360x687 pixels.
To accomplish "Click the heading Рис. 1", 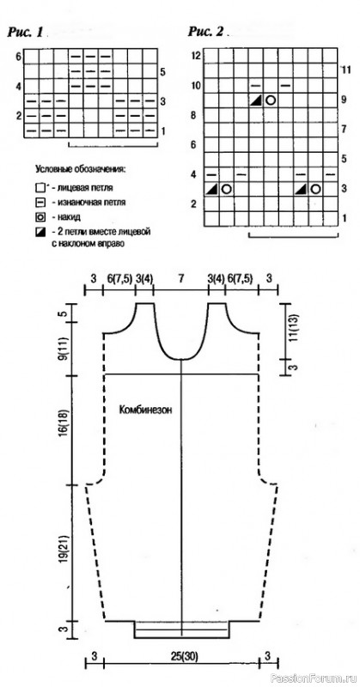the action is pos(25,33).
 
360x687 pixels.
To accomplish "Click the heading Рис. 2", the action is pos(205,32).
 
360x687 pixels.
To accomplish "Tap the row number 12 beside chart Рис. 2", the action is pos(196,56).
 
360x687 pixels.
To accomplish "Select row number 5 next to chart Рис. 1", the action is pos(162,72).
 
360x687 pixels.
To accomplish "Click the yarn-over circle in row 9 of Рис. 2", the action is pos(271,100).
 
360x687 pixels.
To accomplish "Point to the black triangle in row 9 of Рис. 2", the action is pos(256,100).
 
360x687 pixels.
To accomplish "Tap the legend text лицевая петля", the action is pos(80,189).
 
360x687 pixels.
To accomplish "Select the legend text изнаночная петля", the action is pos(88,203).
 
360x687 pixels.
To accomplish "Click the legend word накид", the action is pos(64,217).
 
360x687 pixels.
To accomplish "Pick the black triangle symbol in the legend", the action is pos(40,231).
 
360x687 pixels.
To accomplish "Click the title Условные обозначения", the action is pos(80,169).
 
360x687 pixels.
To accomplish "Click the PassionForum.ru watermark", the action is pos(315,678).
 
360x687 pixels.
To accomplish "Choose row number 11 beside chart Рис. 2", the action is pos(346,70).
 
